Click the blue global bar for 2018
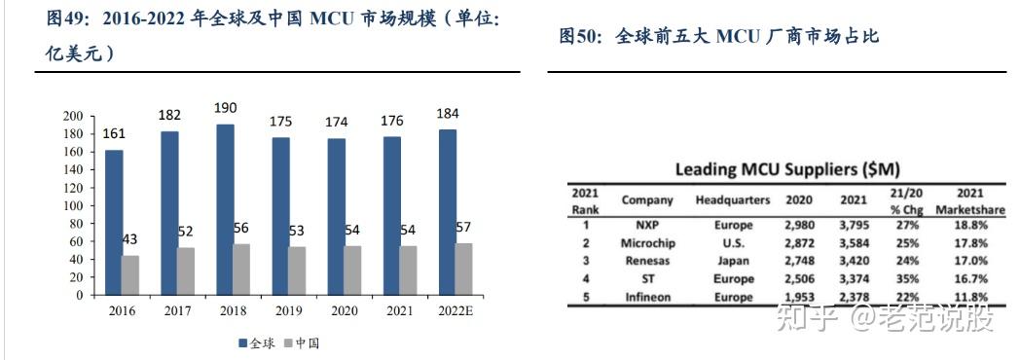(x=225, y=209)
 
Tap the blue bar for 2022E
(x=448, y=211)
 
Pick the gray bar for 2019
(x=296, y=270)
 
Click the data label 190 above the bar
(x=226, y=108)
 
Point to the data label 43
(x=129, y=239)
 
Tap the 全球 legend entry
(x=256, y=343)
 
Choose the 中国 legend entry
(x=303, y=343)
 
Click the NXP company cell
(x=647, y=225)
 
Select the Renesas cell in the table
(x=647, y=261)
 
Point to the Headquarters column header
(x=733, y=200)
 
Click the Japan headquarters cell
(x=733, y=261)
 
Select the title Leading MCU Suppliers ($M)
(x=781, y=169)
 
